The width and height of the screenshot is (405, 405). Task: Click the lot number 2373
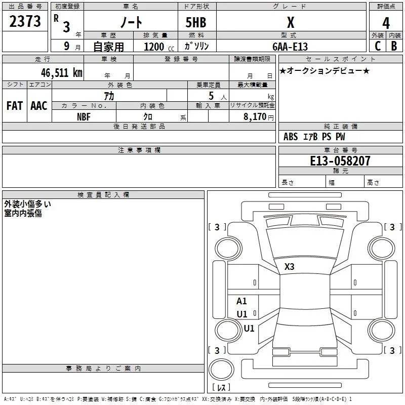25,21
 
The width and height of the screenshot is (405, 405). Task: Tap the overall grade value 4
386,23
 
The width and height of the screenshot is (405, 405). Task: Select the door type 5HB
196,22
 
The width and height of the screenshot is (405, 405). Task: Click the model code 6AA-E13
290,47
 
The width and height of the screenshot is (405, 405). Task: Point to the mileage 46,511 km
62,72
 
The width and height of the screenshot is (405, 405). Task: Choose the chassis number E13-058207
340,161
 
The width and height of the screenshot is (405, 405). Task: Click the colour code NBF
84,117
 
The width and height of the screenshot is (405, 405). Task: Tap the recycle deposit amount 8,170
255,117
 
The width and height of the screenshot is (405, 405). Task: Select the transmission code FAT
15,106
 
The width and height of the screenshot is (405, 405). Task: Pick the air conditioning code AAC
39,106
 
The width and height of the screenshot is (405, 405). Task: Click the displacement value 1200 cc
159,47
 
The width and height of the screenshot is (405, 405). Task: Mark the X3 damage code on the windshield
289,267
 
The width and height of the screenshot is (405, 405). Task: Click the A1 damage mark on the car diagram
241,301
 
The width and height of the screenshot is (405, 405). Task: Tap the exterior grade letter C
378,46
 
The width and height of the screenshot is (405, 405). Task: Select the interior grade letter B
394,46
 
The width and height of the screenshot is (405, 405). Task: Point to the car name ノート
131,22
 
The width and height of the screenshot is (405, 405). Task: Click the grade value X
291,22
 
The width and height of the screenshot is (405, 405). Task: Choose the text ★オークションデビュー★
325,70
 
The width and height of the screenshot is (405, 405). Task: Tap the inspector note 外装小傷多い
27,204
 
